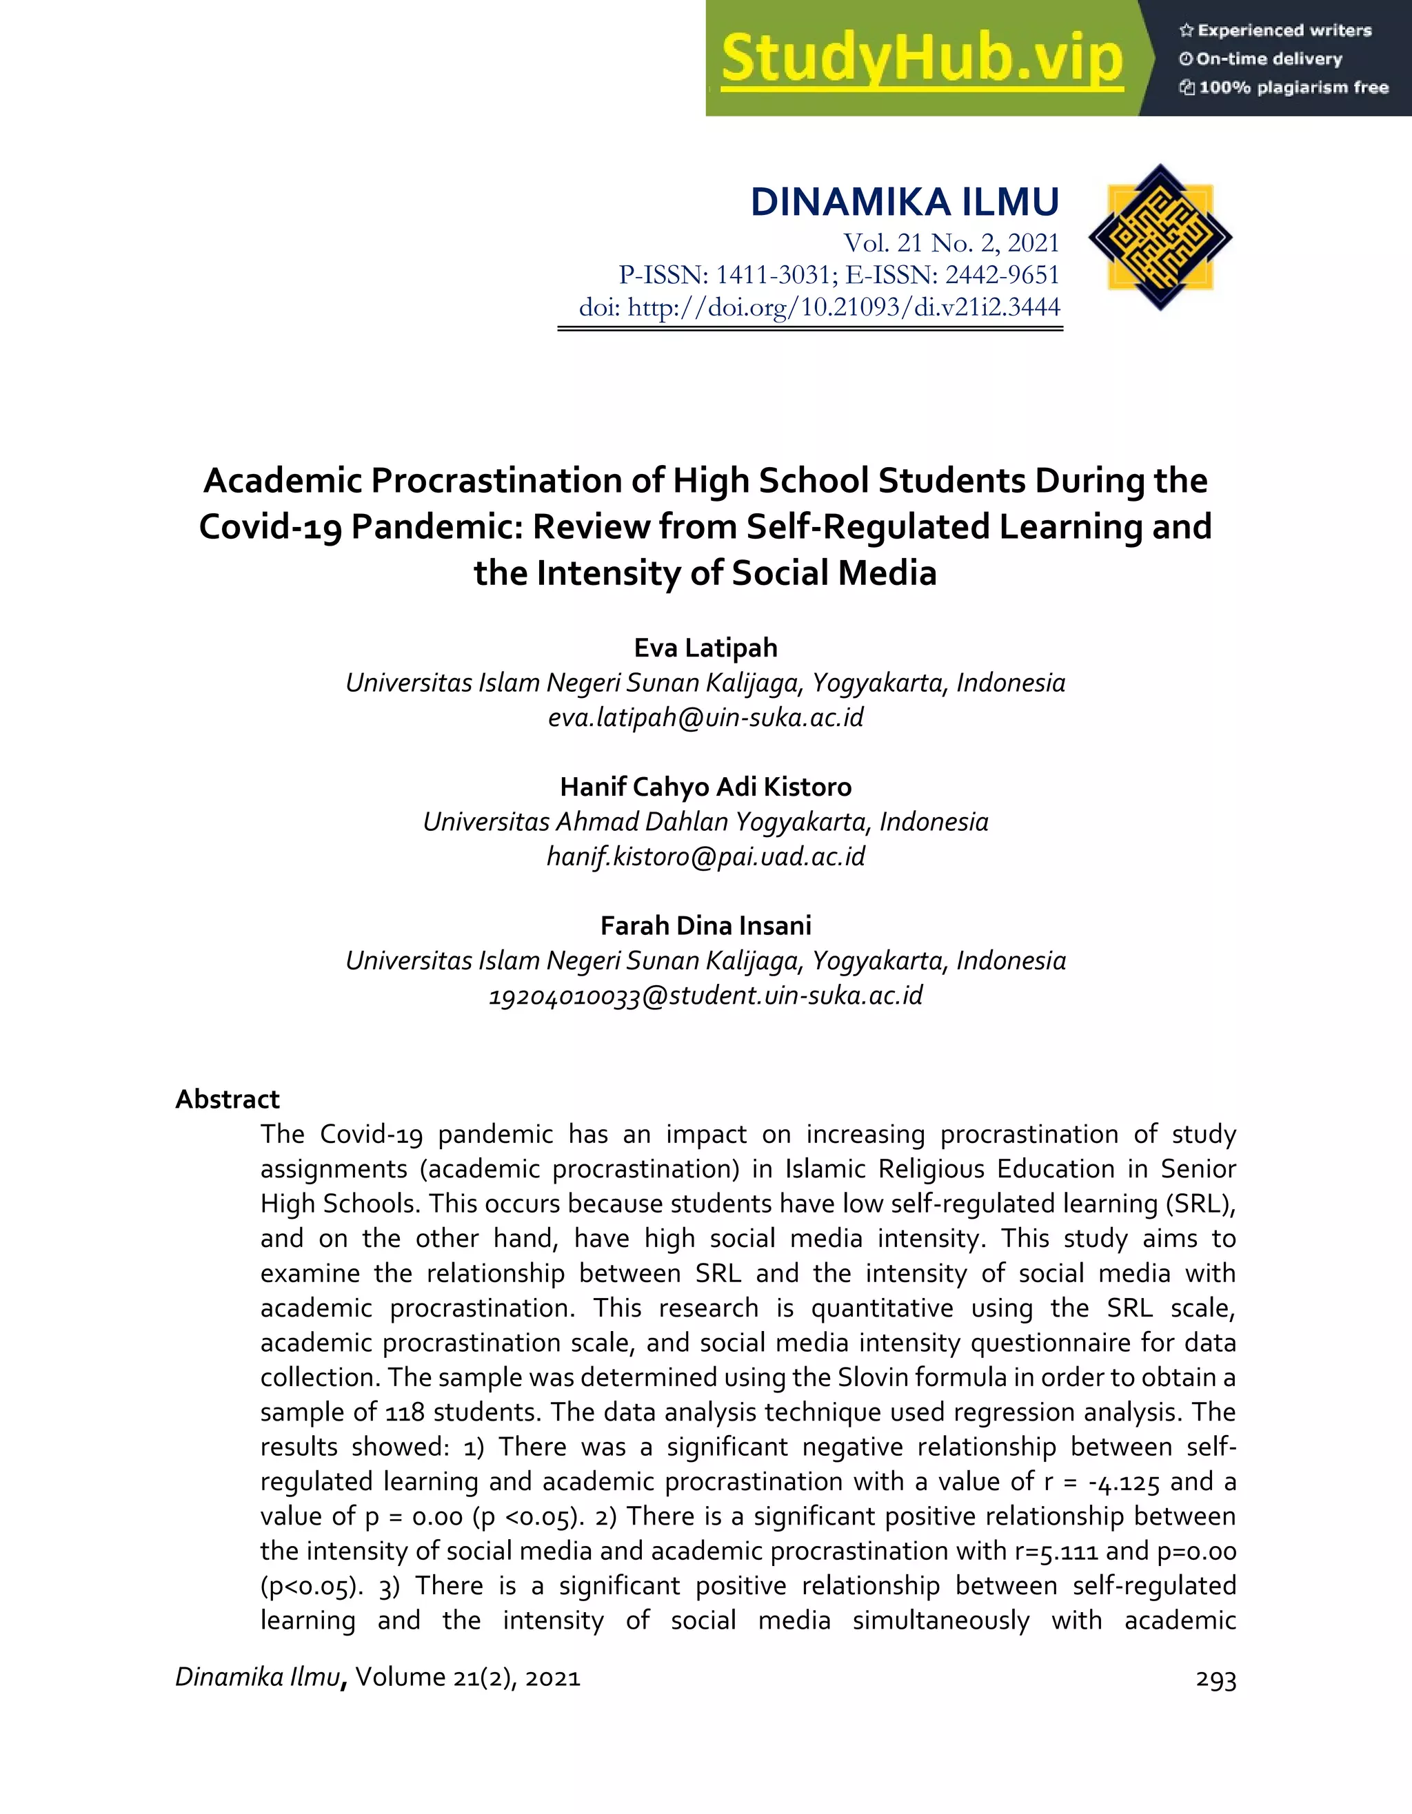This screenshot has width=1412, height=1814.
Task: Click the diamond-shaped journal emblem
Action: point(1160,238)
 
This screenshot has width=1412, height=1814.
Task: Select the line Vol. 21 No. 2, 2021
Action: point(951,243)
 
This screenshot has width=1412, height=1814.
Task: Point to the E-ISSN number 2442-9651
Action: point(1002,275)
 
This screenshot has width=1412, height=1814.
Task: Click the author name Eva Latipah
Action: point(705,648)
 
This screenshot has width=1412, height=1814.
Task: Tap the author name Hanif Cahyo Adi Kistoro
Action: point(705,787)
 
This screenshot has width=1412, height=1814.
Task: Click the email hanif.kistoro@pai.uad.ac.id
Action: point(705,856)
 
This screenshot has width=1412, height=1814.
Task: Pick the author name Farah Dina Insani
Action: point(705,925)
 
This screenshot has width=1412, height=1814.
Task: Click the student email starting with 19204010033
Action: point(705,995)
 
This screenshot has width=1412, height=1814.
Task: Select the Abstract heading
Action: point(227,1099)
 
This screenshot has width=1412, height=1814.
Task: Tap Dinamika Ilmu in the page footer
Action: point(258,1677)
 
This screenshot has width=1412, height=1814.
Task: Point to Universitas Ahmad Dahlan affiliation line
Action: point(705,821)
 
